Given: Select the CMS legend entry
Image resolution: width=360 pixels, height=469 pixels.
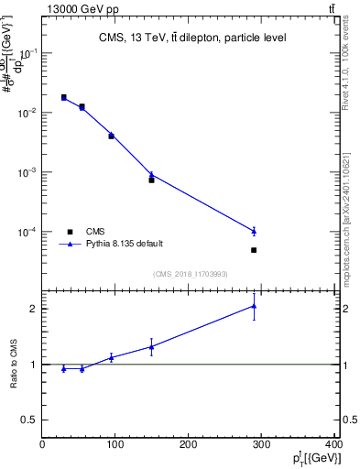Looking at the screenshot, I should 95,232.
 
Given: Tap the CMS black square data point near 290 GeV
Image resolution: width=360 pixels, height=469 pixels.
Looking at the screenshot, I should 254,250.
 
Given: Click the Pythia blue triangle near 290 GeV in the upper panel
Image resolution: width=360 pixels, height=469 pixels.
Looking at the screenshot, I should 254,230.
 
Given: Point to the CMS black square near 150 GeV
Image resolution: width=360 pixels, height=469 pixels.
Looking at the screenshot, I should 151,180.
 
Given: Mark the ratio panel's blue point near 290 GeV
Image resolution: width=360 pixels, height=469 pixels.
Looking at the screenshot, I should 254,306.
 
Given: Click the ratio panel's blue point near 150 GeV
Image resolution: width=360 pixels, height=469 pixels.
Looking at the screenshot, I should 151,346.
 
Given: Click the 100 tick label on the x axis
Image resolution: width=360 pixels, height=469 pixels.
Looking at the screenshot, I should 115,444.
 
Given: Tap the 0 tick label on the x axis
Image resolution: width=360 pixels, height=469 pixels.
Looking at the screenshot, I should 42,444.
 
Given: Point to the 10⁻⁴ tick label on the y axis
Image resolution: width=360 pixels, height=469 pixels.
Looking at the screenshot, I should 27,232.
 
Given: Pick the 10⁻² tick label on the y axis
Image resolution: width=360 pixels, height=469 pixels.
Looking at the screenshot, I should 27,113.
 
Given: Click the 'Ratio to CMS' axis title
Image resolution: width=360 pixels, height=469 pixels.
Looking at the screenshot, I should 14,364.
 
